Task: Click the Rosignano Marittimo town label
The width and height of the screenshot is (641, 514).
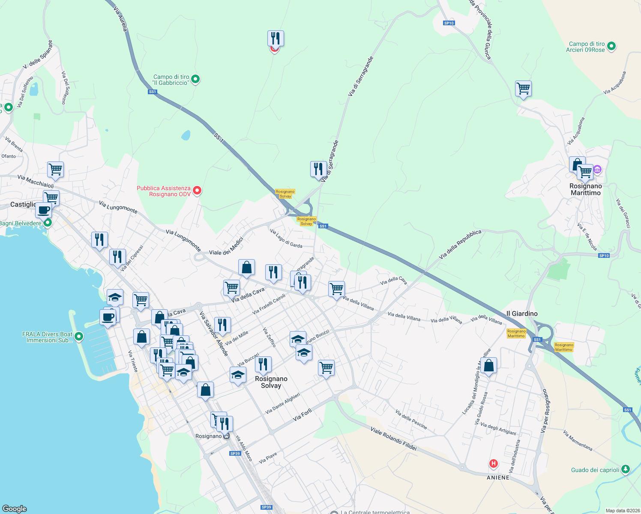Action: coord(585,189)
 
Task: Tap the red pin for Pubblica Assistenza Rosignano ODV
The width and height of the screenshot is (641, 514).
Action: coord(197,191)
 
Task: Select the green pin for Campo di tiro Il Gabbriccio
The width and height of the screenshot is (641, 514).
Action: coord(195,79)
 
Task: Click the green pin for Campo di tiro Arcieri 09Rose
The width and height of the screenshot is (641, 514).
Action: coord(611,46)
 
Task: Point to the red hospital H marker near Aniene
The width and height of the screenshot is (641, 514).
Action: coord(494,463)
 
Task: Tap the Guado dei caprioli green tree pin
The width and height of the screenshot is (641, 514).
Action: coord(626,469)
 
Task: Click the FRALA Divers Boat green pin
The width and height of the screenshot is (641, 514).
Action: coord(78,337)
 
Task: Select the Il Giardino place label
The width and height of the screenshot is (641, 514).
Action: coord(521,314)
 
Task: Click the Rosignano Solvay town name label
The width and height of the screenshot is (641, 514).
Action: coord(271,382)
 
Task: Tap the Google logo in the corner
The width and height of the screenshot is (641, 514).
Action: coord(15,508)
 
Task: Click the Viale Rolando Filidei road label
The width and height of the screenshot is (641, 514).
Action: coord(393,438)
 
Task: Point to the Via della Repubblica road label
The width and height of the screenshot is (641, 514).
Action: coord(460,245)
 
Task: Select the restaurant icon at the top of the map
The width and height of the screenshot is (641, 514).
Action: coord(276,39)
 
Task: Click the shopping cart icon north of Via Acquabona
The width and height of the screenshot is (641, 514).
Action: coord(523,89)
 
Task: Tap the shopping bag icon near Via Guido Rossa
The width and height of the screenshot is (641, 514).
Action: coord(488,366)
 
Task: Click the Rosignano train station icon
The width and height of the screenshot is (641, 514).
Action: coord(226,436)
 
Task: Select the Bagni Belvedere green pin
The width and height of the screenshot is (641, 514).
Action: coord(48,223)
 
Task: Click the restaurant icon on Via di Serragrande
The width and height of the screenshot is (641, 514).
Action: coord(318,169)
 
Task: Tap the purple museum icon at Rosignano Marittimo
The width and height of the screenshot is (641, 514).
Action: coord(597,170)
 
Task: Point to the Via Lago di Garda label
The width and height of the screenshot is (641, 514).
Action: coord(286,239)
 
